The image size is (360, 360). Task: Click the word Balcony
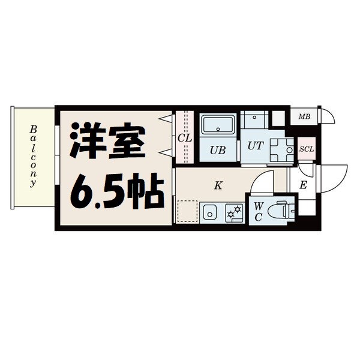(34, 157)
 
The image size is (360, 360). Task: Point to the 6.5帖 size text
(116, 190)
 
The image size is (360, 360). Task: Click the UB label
(217, 150)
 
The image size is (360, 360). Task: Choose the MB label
(305, 116)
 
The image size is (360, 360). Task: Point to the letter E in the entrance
(304, 185)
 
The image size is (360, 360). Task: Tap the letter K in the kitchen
(218, 185)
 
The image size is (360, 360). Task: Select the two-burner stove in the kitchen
(232, 212)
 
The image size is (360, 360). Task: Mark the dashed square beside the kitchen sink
(187, 212)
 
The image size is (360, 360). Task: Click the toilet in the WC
(280, 210)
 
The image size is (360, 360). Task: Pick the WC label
(258, 211)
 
